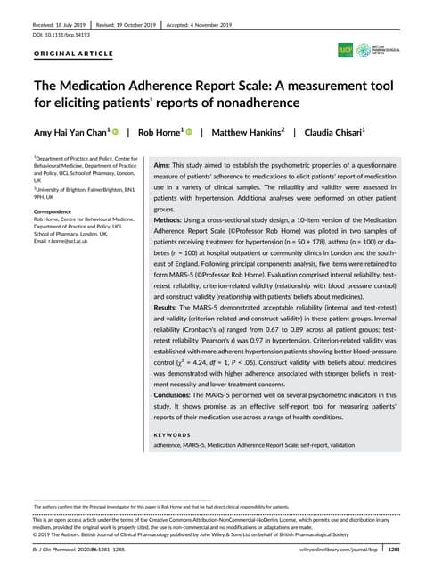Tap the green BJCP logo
coord(345,50)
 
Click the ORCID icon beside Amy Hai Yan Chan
coord(116,132)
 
